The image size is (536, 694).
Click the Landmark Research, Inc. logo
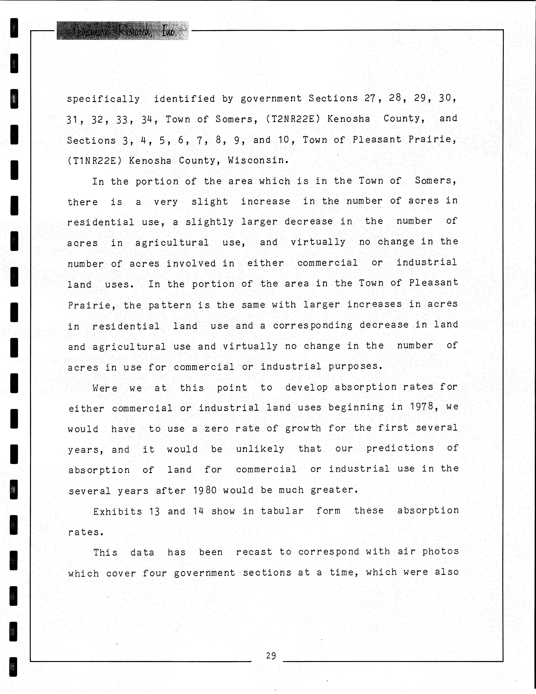point(122,31)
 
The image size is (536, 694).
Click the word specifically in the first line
point(103,99)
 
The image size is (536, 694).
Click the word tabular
point(282,511)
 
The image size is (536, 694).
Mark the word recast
point(254,552)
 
